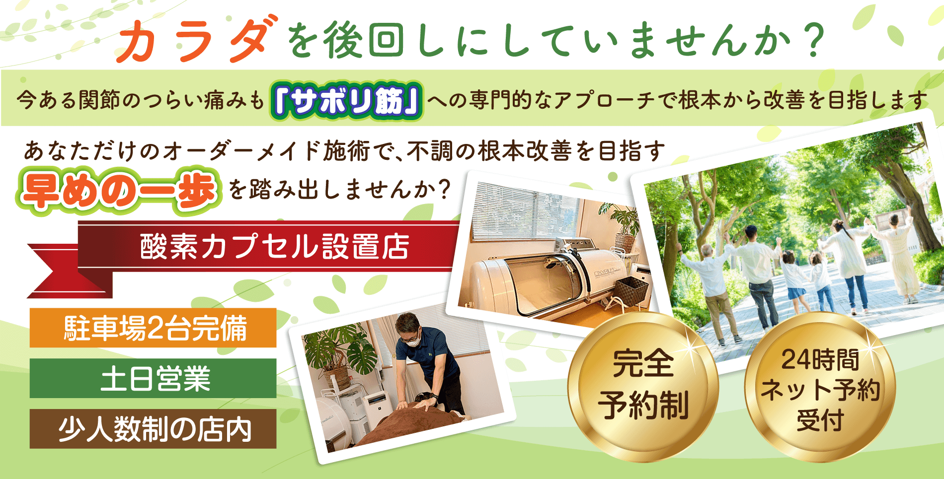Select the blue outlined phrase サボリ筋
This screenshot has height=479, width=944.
(x=347, y=101)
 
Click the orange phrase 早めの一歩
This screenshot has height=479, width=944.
(x=119, y=192)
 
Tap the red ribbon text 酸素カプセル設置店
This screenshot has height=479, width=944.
(x=275, y=246)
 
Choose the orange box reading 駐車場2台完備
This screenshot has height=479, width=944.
(x=153, y=328)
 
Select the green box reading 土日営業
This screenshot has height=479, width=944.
(x=153, y=378)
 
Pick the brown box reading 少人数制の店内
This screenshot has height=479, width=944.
(x=153, y=429)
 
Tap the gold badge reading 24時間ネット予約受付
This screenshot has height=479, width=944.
(x=820, y=388)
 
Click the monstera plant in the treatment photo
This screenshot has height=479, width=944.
(x=338, y=355)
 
